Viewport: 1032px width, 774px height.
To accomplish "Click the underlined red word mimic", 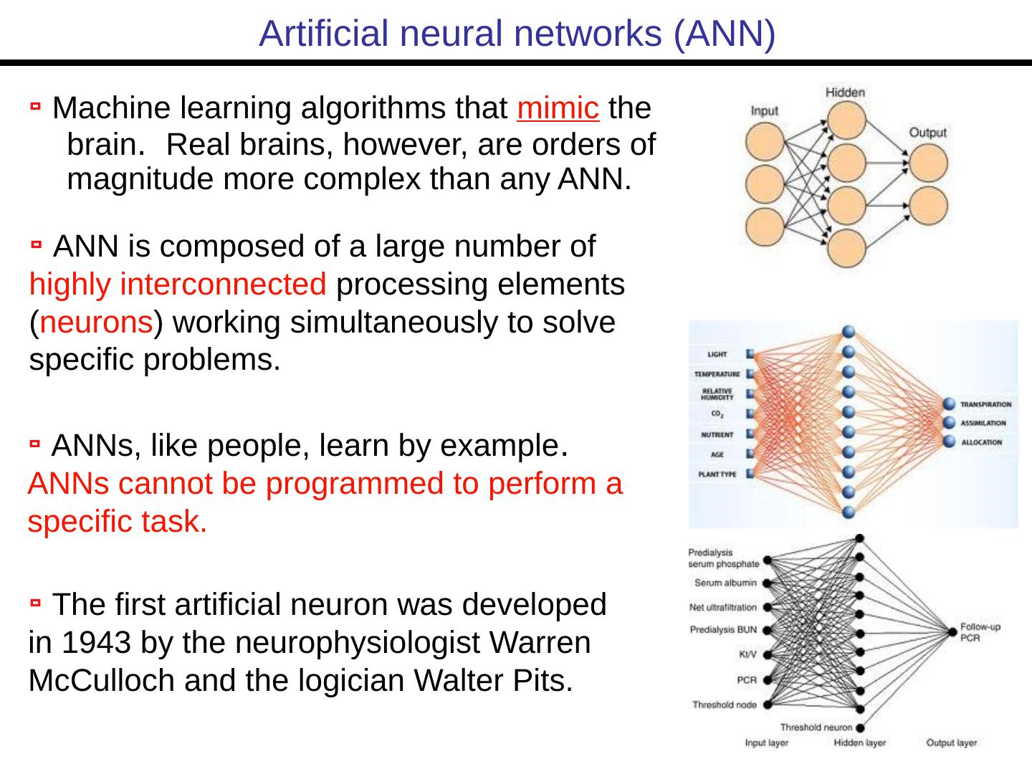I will pos(558,109).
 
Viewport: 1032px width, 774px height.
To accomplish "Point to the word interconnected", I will pos(224,285).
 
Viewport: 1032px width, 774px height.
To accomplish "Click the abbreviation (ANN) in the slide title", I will pos(724,33).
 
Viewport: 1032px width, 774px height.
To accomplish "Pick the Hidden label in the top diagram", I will pos(845,92).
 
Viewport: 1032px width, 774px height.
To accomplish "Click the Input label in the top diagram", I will pos(764,111).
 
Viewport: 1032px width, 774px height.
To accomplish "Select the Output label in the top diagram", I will pos(927,133).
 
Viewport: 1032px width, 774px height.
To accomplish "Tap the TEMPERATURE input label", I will pos(716,374).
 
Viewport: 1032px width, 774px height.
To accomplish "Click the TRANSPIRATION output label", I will pos(985,404).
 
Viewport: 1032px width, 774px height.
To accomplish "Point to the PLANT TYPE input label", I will pos(717,474).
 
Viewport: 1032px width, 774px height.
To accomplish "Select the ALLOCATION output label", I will pos(981,442).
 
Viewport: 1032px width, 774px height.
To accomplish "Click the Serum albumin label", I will pos(725,583).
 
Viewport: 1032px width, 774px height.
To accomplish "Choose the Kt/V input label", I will pos(747,654).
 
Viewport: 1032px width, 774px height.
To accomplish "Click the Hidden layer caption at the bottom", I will pos(859,743).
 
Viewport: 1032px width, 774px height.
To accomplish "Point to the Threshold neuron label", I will pos(816,727).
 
